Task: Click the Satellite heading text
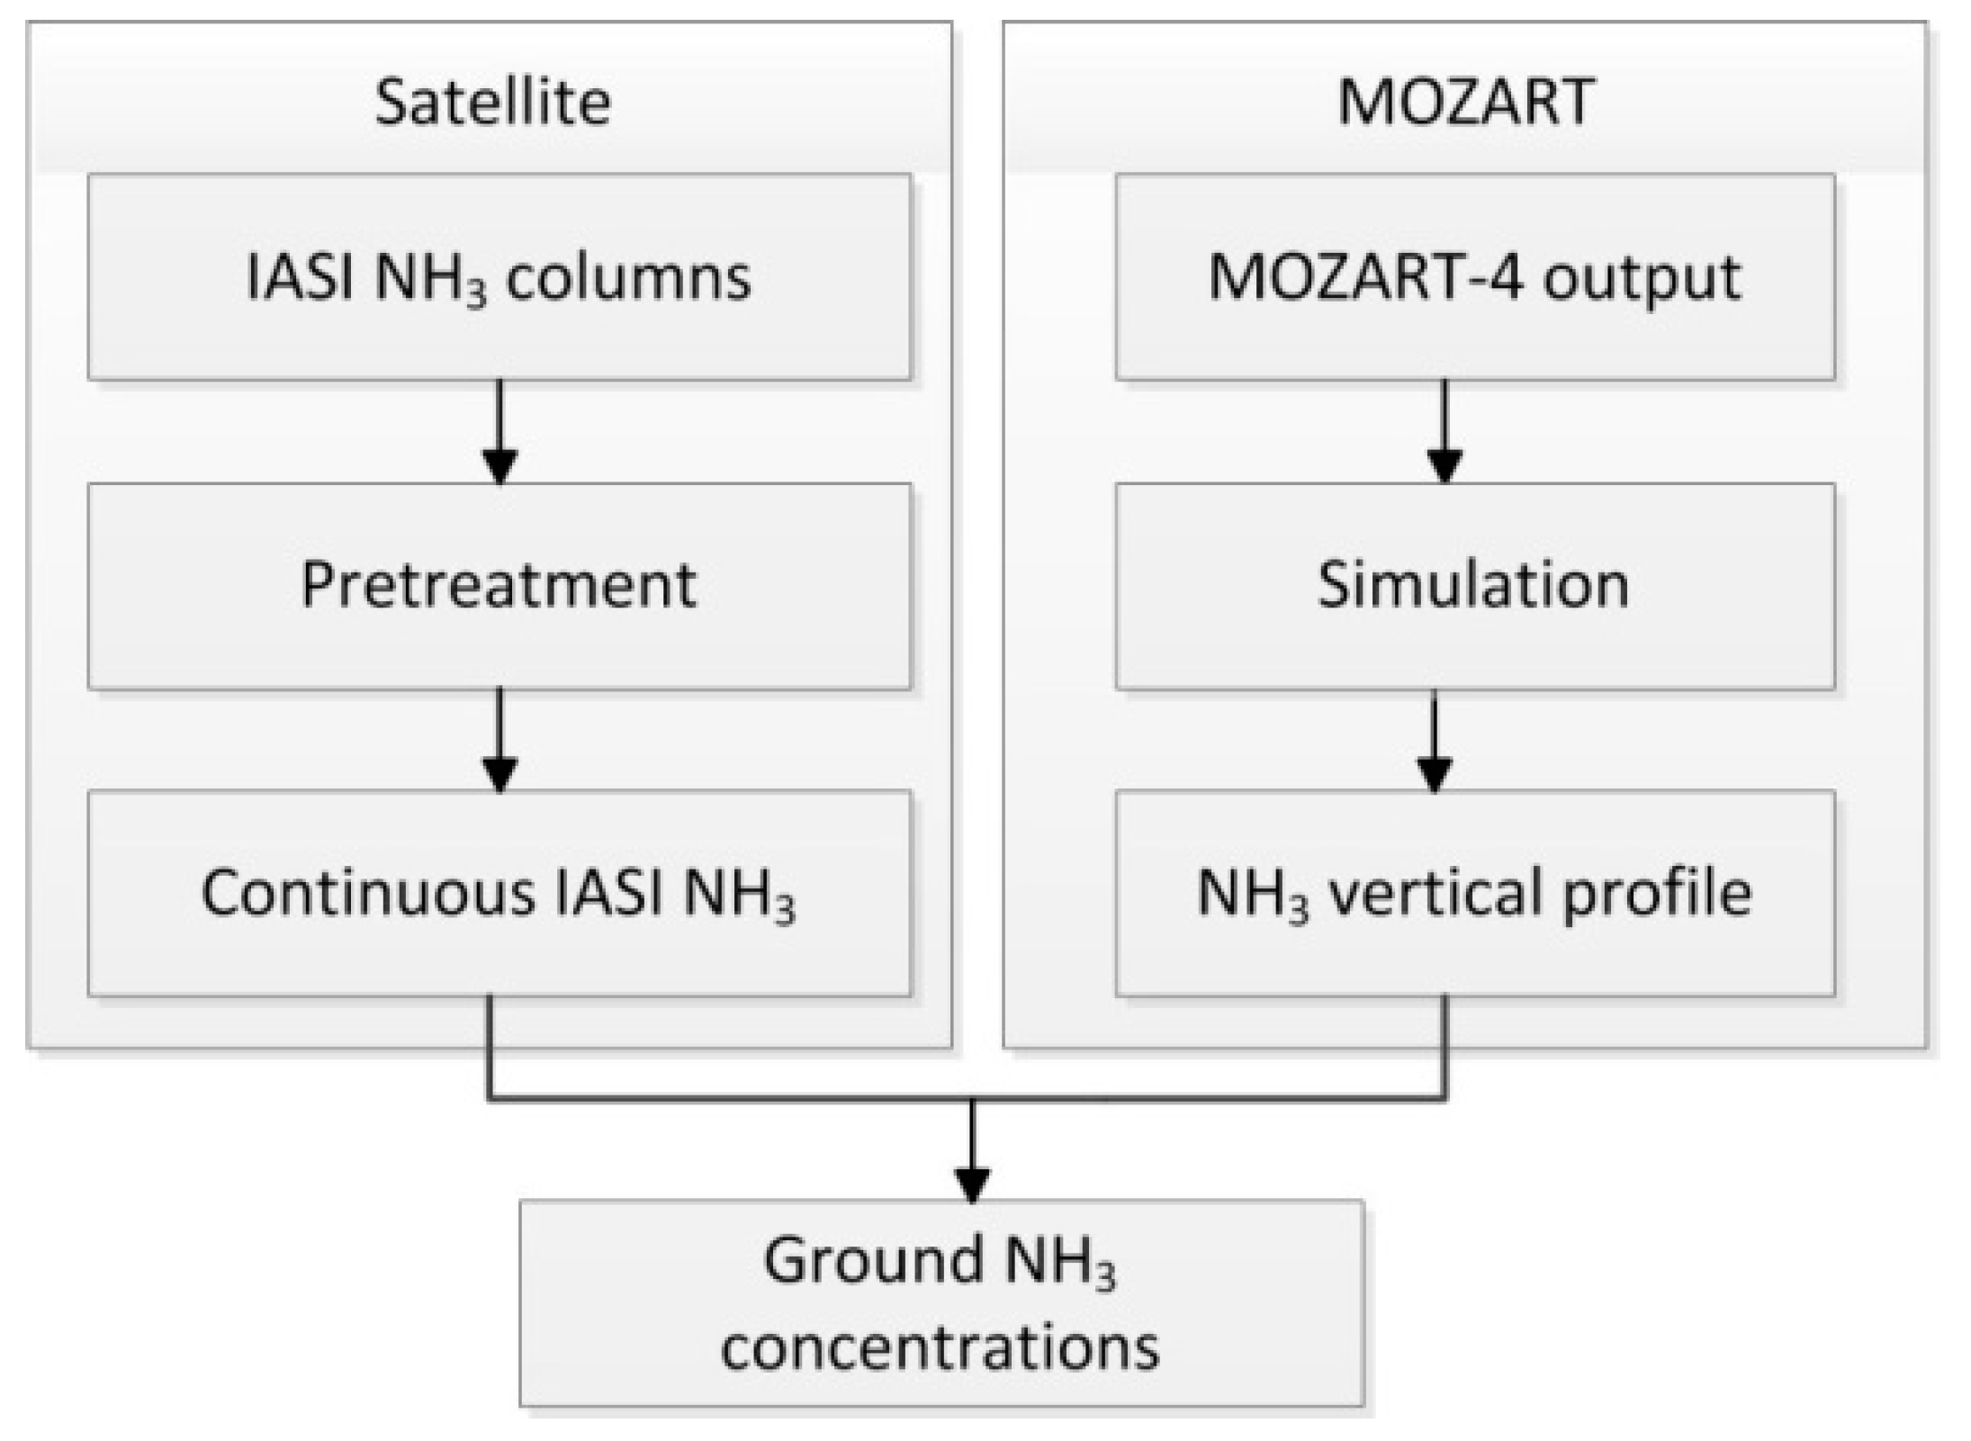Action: (492, 101)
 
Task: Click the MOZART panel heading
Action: (1465, 101)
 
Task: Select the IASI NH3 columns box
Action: (499, 276)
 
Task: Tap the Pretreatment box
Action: (499, 586)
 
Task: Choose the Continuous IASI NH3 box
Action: (499, 894)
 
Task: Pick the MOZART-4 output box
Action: (1474, 276)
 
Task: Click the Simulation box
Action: (1474, 586)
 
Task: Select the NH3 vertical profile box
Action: (1474, 894)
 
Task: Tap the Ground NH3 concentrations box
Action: (940, 1302)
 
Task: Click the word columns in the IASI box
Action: (628, 278)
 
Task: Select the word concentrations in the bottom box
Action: (940, 1348)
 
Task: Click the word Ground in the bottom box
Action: (872, 1260)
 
